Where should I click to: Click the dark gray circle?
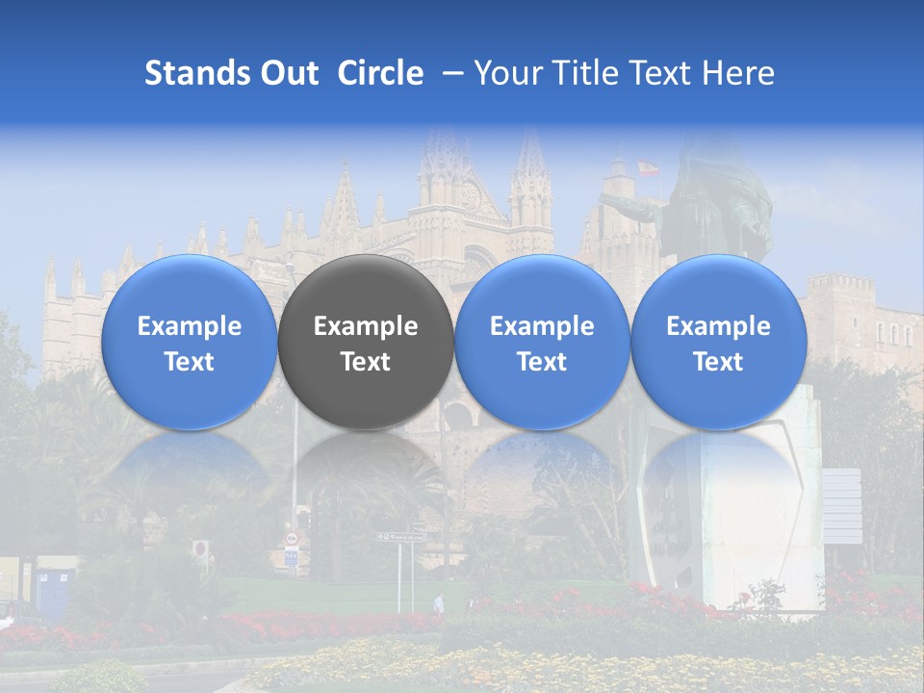[366, 343]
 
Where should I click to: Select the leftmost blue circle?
[189, 343]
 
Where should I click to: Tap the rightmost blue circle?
[718, 343]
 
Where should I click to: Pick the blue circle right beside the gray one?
[542, 343]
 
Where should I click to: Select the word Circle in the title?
[380, 73]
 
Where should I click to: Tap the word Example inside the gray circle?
[366, 326]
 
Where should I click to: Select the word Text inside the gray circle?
[366, 362]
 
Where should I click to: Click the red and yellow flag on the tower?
[648, 168]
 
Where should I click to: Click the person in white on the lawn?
[439, 603]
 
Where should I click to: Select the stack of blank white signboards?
[842, 506]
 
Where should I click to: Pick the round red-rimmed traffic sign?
[200, 549]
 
